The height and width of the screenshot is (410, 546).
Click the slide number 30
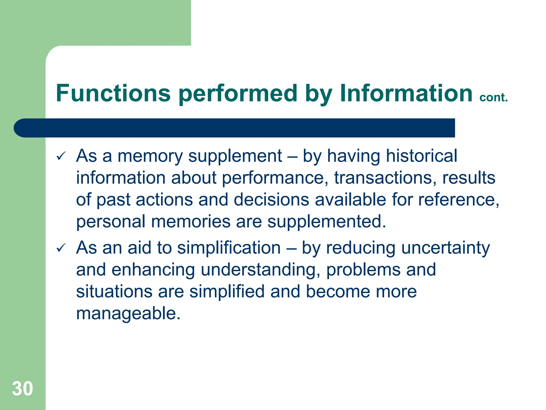(22, 388)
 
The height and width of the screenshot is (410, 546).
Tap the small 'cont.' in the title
(493, 97)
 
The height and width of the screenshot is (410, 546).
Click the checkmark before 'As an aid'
(61, 248)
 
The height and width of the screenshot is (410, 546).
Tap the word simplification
(229, 248)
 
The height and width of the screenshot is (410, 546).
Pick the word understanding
(260, 270)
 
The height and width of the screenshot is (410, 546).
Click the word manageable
(128, 313)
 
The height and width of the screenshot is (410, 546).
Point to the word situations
(114, 291)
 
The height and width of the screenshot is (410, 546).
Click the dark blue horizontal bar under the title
(235, 128)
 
